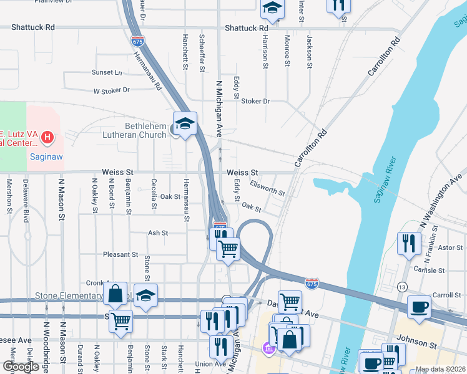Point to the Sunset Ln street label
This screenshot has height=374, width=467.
pyautogui.click(x=107, y=72)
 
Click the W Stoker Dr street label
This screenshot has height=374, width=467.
pyautogui.click(x=111, y=90)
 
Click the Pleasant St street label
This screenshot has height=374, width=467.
pyautogui.click(x=120, y=254)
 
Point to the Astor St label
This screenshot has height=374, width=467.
pyautogui.click(x=450, y=247)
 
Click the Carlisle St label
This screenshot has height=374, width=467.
pyautogui.click(x=428, y=271)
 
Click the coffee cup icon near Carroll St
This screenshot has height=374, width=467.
pyautogui.click(x=419, y=306)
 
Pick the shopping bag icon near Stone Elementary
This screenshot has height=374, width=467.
pyautogui.click(x=116, y=294)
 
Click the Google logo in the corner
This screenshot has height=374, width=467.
pyautogui.click(x=21, y=367)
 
